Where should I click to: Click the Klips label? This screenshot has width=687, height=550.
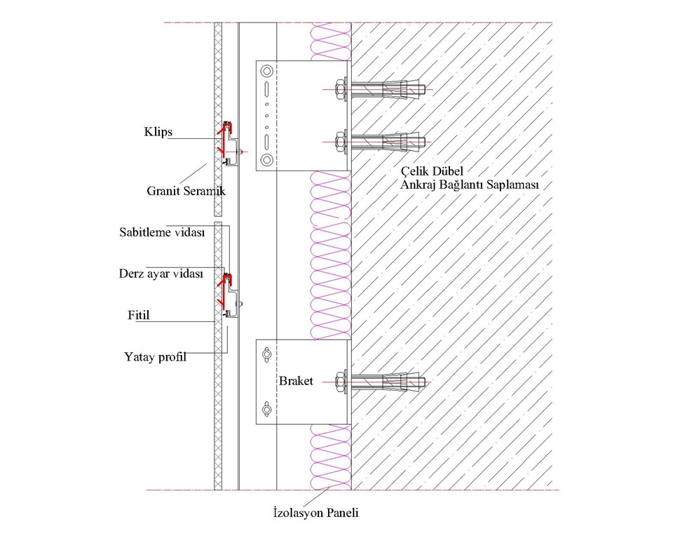(158, 132)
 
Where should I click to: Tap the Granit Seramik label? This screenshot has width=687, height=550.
(186, 191)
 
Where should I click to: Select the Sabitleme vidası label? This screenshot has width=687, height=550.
(162, 232)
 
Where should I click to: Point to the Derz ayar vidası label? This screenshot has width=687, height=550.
(161, 274)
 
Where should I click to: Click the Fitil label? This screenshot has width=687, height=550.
(139, 315)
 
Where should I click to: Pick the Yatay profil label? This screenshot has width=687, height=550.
(155, 356)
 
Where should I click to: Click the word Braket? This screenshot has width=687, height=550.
(296, 381)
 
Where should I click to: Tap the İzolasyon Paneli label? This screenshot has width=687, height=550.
(315, 512)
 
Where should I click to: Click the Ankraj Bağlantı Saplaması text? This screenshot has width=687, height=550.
(469, 185)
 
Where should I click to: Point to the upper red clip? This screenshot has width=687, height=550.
(225, 140)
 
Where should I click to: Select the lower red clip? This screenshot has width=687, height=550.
(225, 290)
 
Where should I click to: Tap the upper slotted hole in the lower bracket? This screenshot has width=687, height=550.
(266, 354)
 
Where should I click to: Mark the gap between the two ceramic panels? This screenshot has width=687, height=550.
(218, 220)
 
